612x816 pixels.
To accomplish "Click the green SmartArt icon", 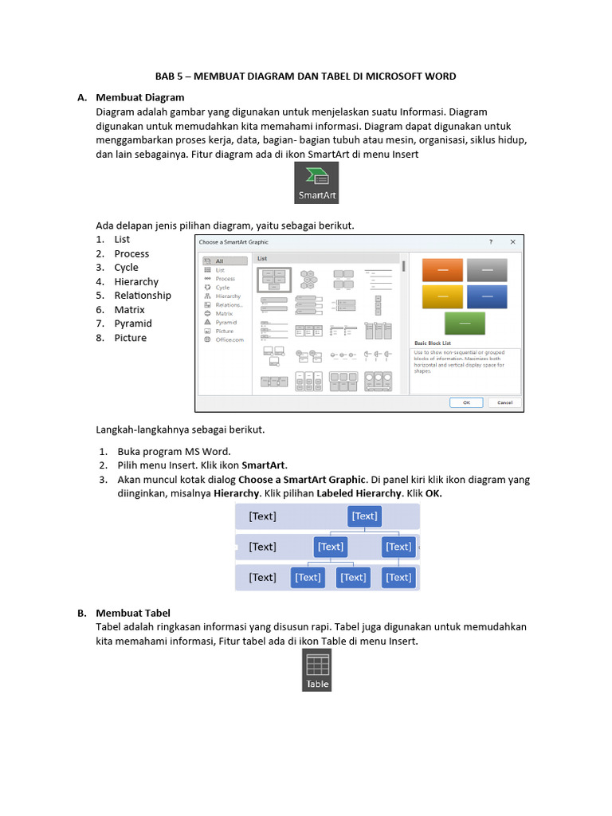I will tap(316, 182).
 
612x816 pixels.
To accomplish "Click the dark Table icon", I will tap(317, 670).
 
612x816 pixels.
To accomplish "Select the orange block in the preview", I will tap(442, 271).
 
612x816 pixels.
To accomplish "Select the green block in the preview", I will tap(465, 322).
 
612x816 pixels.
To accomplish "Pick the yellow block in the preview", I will tap(442, 296).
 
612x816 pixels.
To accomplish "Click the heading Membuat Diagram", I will tap(140, 97).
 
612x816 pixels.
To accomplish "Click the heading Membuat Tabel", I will tap(133, 613).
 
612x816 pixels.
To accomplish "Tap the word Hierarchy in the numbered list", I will tap(136, 281).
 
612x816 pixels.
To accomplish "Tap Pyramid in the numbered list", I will tap(133, 324).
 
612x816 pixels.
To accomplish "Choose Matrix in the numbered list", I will tap(129, 309).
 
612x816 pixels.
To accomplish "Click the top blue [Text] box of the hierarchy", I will tap(365, 516).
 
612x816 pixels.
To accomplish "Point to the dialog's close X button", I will tap(512, 241).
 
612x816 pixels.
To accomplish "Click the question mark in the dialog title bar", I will tap(491, 241).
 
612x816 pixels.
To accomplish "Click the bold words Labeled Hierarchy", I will tap(359, 493).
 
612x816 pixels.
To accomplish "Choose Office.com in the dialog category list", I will tap(229, 339).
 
